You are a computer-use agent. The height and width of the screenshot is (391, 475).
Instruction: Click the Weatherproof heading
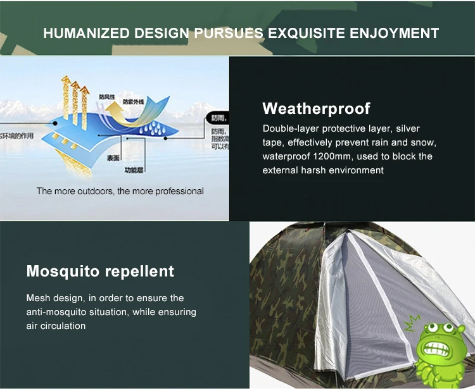click(x=316, y=108)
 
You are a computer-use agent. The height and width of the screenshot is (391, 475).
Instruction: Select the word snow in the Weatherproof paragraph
click(x=423, y=142)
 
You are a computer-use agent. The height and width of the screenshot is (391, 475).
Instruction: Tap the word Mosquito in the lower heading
click(x=63, y=271)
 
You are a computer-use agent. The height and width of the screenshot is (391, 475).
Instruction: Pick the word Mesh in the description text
click(x=37, y=298)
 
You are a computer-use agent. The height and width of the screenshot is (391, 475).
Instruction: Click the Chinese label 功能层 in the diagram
click(x=134, y=170)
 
